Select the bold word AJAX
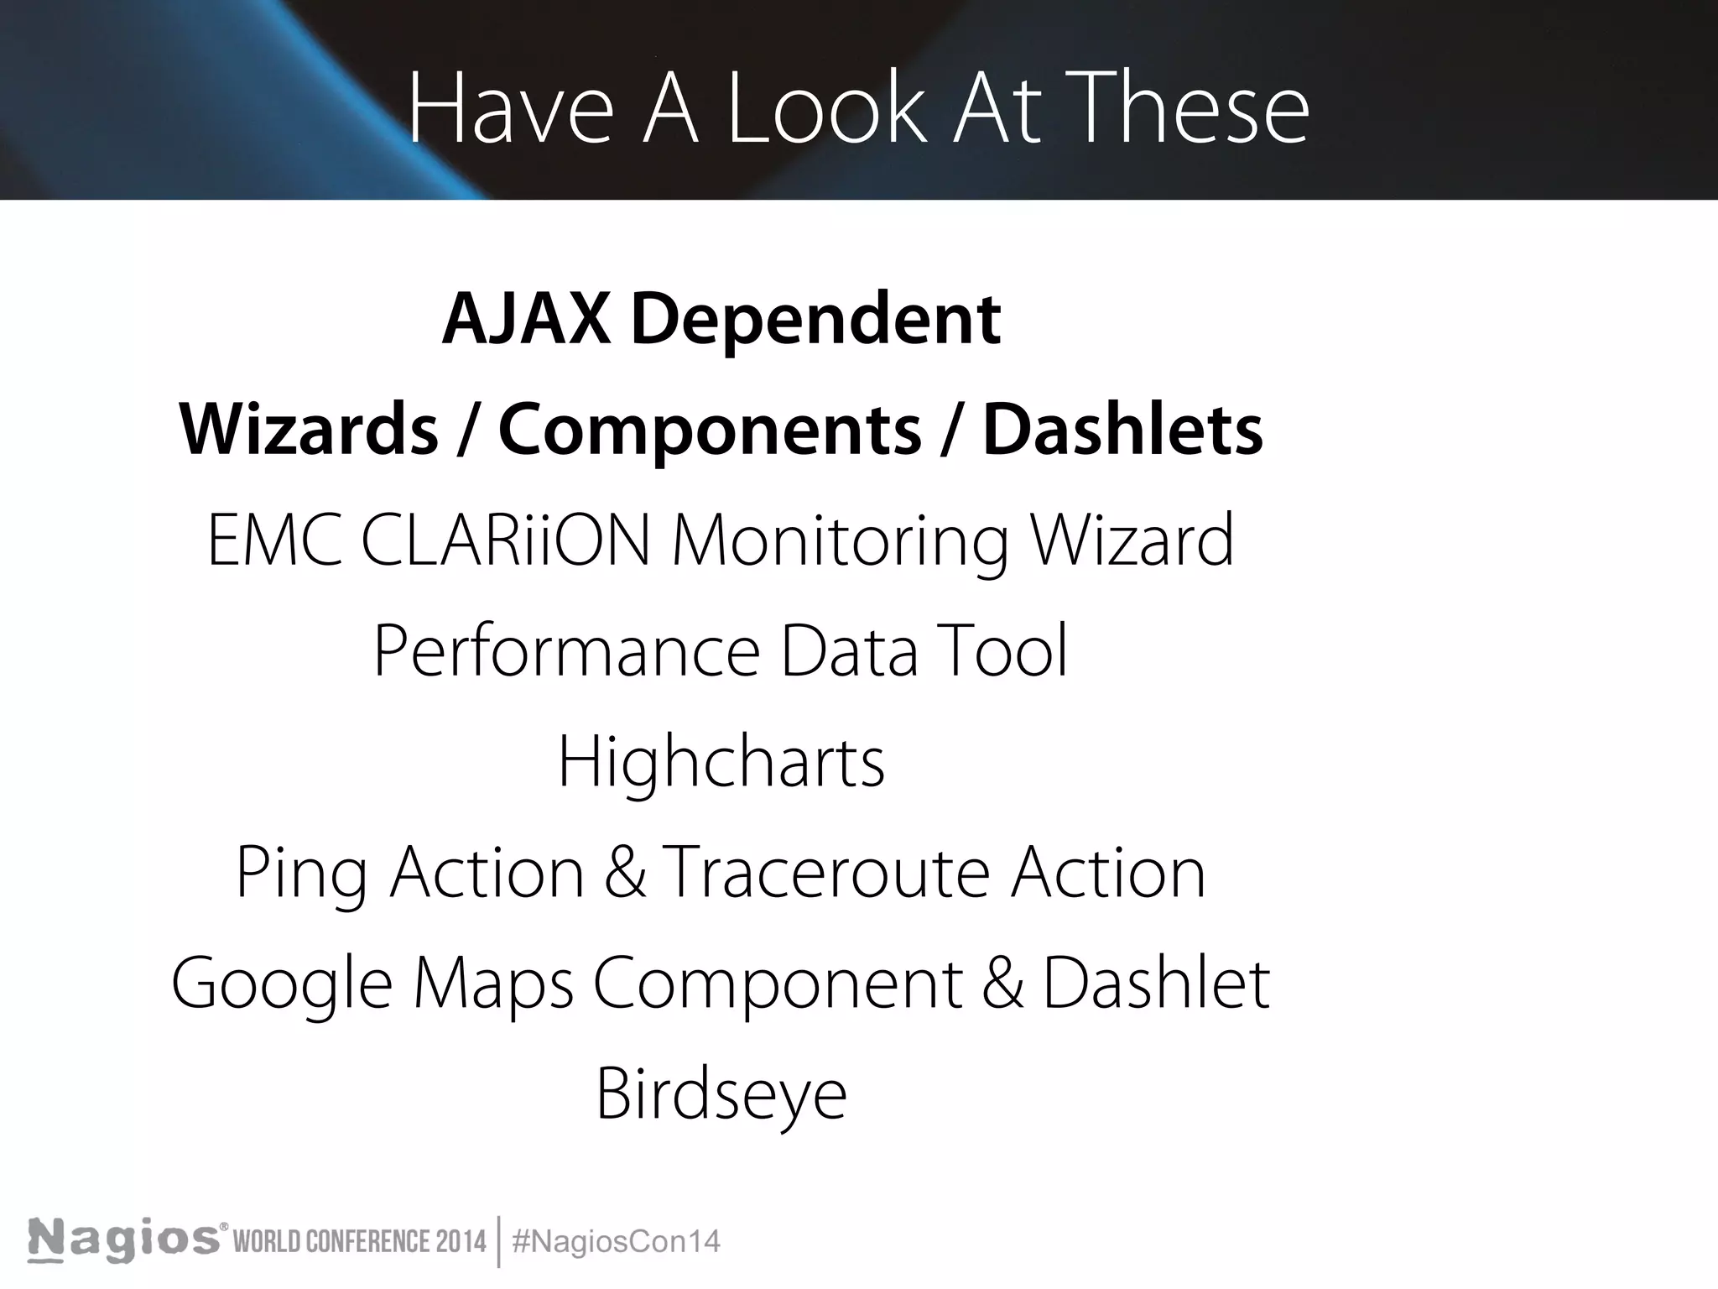click(x=526, y=319)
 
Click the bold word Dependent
click(x=815, y=319)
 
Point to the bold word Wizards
click(x=309, y=430)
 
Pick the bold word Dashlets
click(x=1122, y=430)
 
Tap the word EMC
click(x=274, y=540)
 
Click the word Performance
click(x=566, y=651)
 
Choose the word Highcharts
click(x=721, y=762)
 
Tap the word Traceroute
click(x=827, y=873)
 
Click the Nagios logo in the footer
click(x=124, y=1240)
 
